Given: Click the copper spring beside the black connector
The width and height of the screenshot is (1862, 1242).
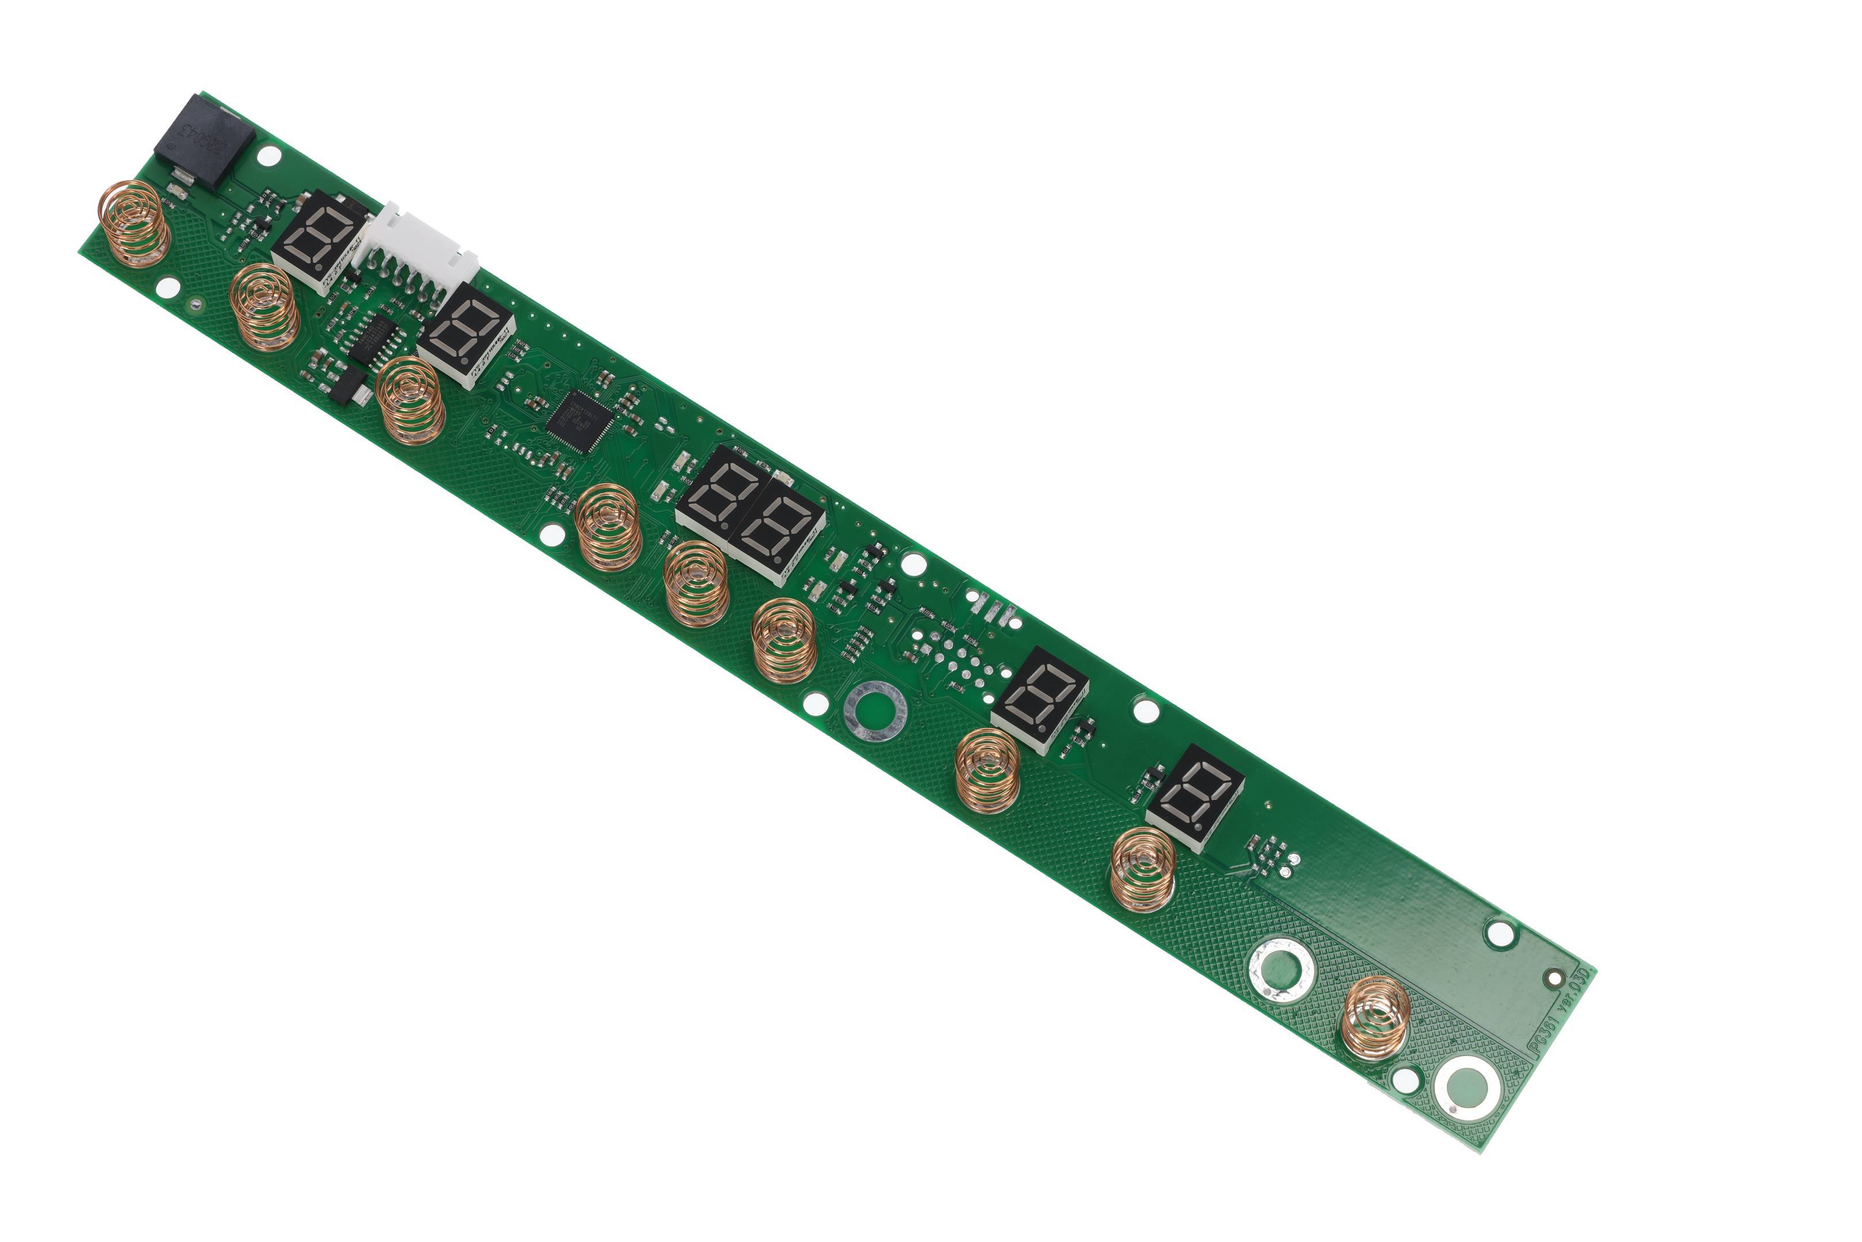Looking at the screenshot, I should (x=133, y=223).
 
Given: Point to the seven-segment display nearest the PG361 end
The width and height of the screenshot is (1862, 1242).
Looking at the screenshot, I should (x=1194, y=796).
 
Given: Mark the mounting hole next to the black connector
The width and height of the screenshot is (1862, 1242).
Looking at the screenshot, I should (x=269, y=155).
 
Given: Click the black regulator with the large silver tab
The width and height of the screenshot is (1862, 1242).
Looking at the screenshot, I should (x=348, y=388).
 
